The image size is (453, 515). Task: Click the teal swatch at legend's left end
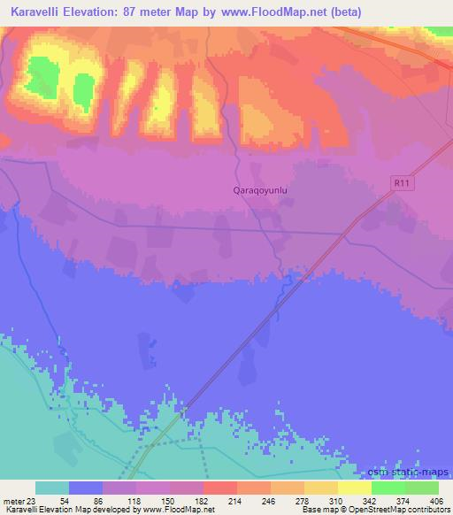pos(52,488)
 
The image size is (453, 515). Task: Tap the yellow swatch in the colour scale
pos(355,488)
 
